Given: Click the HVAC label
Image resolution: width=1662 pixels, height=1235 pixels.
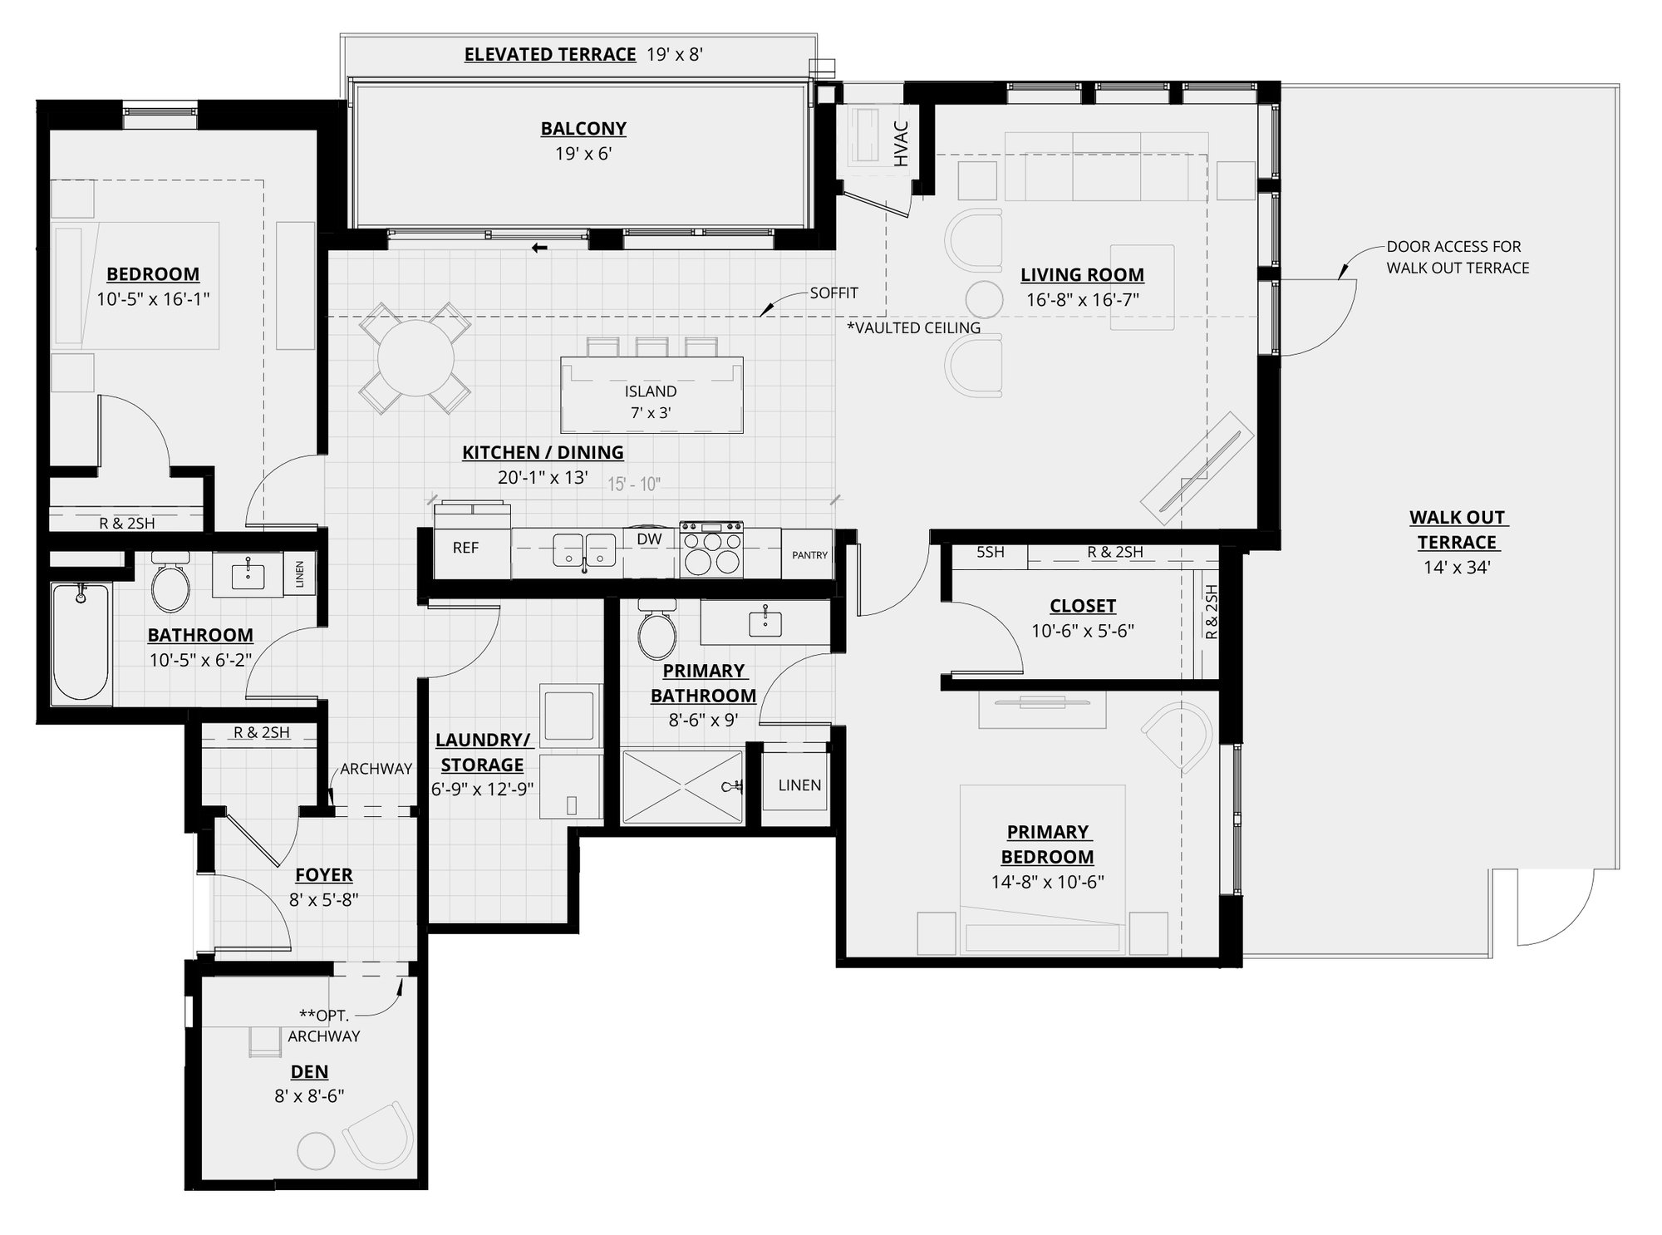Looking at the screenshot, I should tap(902, 144).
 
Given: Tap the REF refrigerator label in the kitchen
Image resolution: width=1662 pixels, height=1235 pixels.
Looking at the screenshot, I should tap(465, 548).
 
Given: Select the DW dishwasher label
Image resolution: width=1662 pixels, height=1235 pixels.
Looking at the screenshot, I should tap(649, 539).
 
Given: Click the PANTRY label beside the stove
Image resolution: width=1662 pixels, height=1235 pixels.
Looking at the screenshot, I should tap(809, 555).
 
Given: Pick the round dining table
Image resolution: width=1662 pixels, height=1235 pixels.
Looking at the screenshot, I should tap(415, 359).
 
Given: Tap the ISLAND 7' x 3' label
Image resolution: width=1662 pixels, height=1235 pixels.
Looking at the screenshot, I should tap(651, 401).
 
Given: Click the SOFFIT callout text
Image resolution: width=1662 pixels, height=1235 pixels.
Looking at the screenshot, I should tap(833, 293).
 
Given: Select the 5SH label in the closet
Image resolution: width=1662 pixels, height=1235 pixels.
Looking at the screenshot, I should tap(990, 552).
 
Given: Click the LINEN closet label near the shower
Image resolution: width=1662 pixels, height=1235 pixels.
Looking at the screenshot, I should tap(799, 785).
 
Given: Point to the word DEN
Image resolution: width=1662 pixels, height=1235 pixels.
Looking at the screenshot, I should tap(309, 1071).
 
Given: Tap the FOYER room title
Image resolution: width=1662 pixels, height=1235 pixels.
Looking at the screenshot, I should tap(324, 874).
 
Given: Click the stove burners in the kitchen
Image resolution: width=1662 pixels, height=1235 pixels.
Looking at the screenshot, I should tap(711, 552).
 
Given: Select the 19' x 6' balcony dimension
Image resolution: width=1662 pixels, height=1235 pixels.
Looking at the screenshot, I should tap(583, 154).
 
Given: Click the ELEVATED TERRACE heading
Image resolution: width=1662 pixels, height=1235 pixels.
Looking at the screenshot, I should tap(550, 55).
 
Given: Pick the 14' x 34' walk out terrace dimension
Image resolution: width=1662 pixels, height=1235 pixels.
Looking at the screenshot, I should tap(1457, 568).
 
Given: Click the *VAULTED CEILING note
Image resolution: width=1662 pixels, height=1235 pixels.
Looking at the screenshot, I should tap(913, 327).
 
